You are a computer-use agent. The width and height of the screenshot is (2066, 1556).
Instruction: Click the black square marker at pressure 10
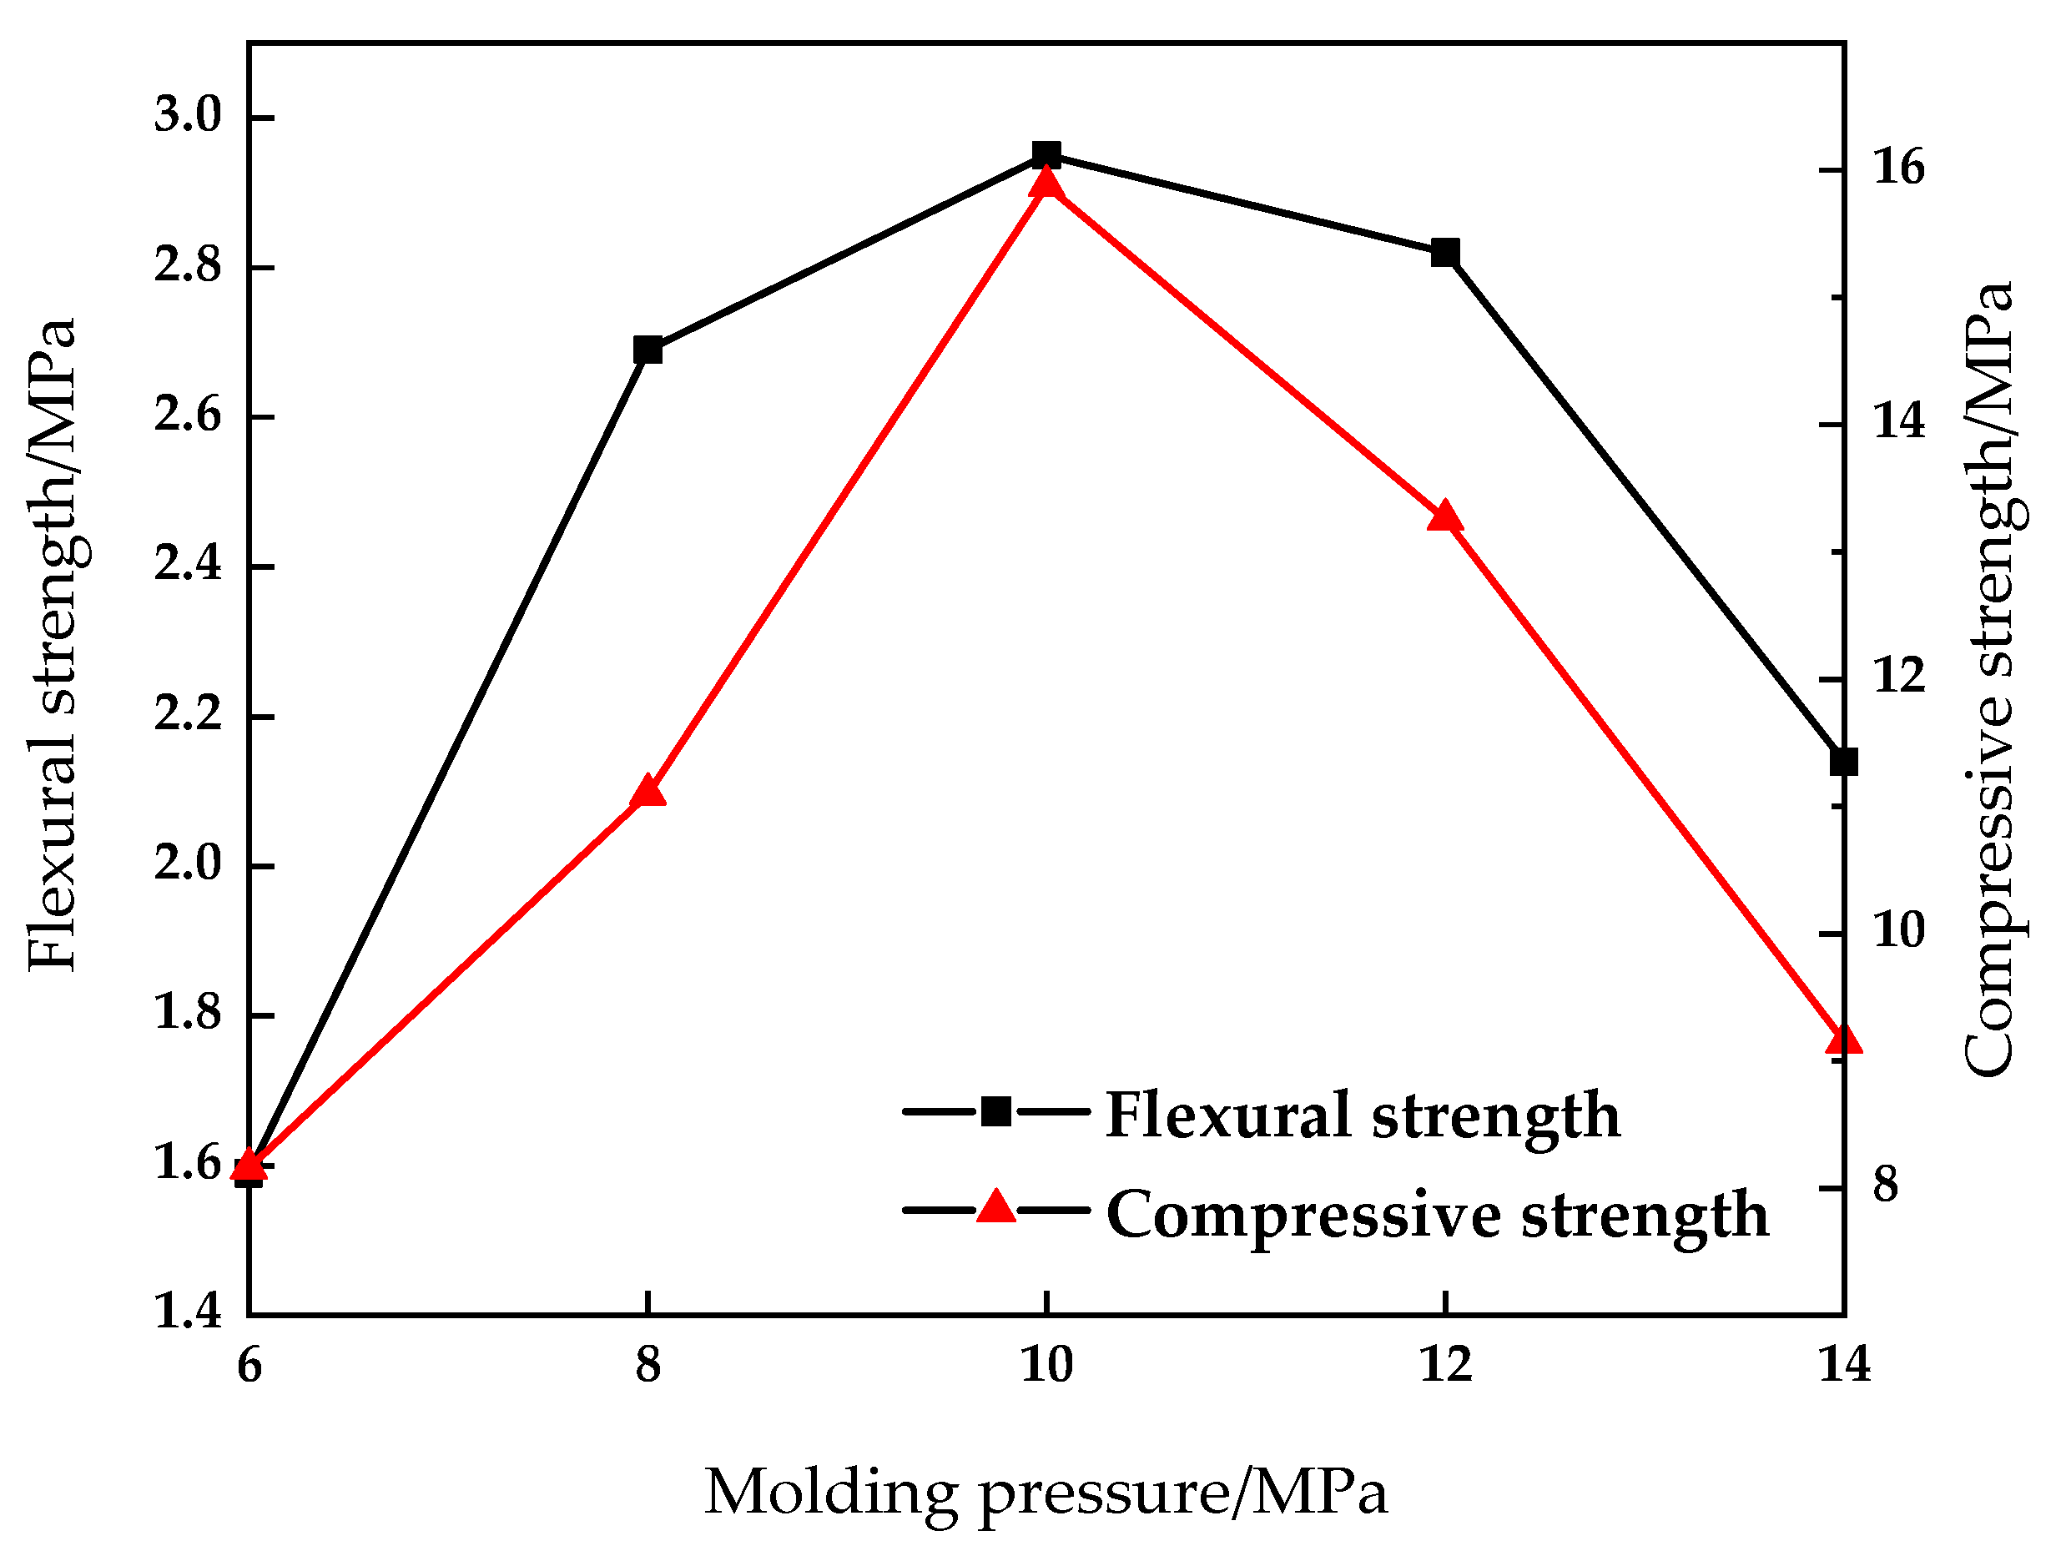click(1046, 154)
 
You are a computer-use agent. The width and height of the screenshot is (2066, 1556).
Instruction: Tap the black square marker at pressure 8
click(648, 350)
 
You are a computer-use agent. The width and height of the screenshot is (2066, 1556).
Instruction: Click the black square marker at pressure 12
click(1445, 252)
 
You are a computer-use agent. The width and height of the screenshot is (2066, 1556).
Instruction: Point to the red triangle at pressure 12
click(1445, 516)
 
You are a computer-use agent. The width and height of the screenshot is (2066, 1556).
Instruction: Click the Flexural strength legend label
click(1363, 1115)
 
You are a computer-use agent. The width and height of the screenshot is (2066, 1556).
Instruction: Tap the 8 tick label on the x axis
click(648, 1367)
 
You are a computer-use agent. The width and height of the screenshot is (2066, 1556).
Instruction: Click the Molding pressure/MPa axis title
click(1046, 1493)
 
